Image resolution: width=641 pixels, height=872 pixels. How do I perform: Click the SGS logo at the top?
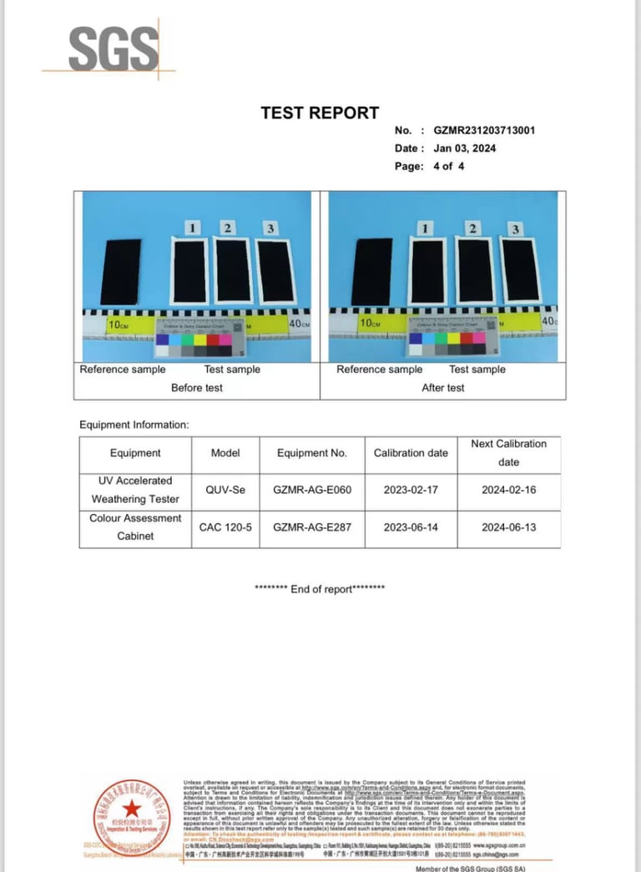(x=114, y=49)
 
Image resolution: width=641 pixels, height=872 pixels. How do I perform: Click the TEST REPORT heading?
(x=320, y=113)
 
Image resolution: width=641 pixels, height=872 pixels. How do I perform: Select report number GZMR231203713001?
(x=484, y=130)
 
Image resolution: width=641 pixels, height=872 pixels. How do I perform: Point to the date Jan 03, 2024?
(x=465, y=149)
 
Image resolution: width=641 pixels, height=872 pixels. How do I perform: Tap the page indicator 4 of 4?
(x=449, y=166)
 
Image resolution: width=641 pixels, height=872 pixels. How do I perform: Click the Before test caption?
(x=197, y=388)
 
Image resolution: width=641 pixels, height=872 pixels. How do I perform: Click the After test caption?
(x=443, y=388)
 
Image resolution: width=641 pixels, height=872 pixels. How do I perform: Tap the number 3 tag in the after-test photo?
(x=515, y=229)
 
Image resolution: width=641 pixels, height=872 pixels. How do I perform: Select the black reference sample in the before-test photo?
(x=121, y=271)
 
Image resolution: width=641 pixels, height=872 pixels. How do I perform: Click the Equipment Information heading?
(x=134, y=425)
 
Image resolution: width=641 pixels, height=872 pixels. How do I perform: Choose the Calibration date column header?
(x=411, y=453)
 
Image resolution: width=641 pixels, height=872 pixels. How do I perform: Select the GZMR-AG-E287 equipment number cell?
(x=312, y=527)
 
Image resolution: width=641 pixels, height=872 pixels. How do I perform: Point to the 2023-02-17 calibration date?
(x=411, y=490)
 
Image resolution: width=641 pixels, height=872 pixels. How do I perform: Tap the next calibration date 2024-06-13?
(x=508, y=527)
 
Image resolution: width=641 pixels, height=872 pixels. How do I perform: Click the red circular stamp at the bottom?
(x=131, y=813)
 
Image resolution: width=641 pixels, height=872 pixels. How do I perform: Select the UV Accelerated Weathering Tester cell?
(x=135, y=490)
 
